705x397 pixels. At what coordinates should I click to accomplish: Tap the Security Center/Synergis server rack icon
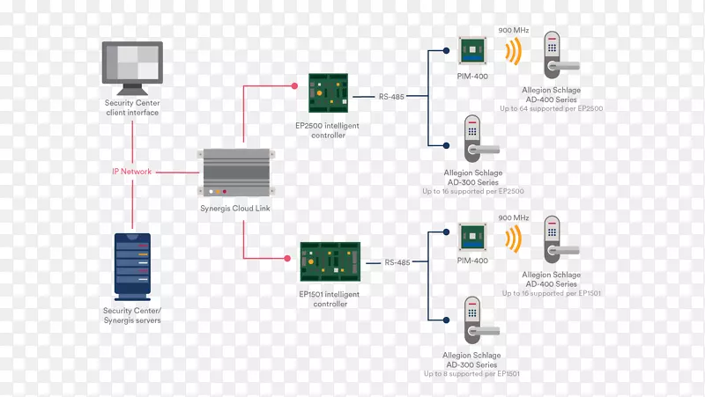(132, 265)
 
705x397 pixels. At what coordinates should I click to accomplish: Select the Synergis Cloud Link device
(234, 173)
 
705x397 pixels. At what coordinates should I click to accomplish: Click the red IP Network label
(131, 172)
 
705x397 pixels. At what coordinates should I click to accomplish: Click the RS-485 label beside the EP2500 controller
(391, 97)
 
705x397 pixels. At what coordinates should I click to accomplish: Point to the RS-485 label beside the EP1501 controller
(397, 262)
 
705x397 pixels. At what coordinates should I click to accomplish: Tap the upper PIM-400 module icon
(472, 51)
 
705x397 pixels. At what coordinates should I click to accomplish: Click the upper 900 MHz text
(513, 28)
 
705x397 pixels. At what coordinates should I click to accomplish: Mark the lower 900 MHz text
(513, 217)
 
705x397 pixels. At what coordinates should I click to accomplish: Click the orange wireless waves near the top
(513, 53)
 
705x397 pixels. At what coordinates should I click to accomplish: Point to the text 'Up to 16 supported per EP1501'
(550, 293)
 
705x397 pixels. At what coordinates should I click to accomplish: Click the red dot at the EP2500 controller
(295, 85)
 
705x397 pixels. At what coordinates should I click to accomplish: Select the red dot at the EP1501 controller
(287, 259)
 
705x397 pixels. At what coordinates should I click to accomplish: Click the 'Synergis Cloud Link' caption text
(234, 209)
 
